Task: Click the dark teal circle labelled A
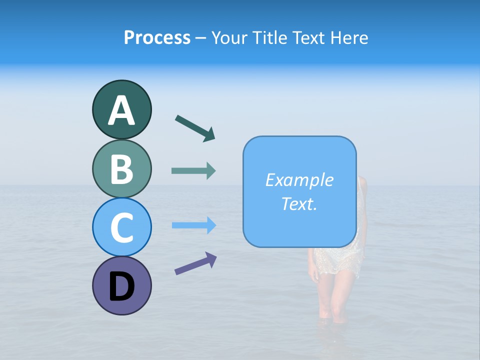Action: pyautogui.click(x=121, y=109)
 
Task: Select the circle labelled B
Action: pyautogui.click(x=121, y=168)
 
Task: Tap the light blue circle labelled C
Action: pyautogui.click(x=121, y=227)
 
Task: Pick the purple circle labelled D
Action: pyautogui.click(x=121, y=285)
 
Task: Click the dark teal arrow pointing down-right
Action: pyautogui.click(x=195, y=128)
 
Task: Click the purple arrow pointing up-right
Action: pyautogui.click(x=195, y=263)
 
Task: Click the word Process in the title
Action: pyautogui.click(x=157, y=37)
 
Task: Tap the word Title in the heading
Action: pyautogui.click(x=270, y=37)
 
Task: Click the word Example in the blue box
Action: pyautogui.click(x=299, y=180)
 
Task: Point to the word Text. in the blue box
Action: pyautogui.click(x=299, y=203)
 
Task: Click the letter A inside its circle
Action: pyautogui.click(x=121, y=110)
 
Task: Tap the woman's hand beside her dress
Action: pyautogui.click(x=313, y=274)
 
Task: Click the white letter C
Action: pyautogui.click(x=121, y=228)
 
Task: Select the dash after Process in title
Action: pyautogui.click(x=201, y=38)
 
